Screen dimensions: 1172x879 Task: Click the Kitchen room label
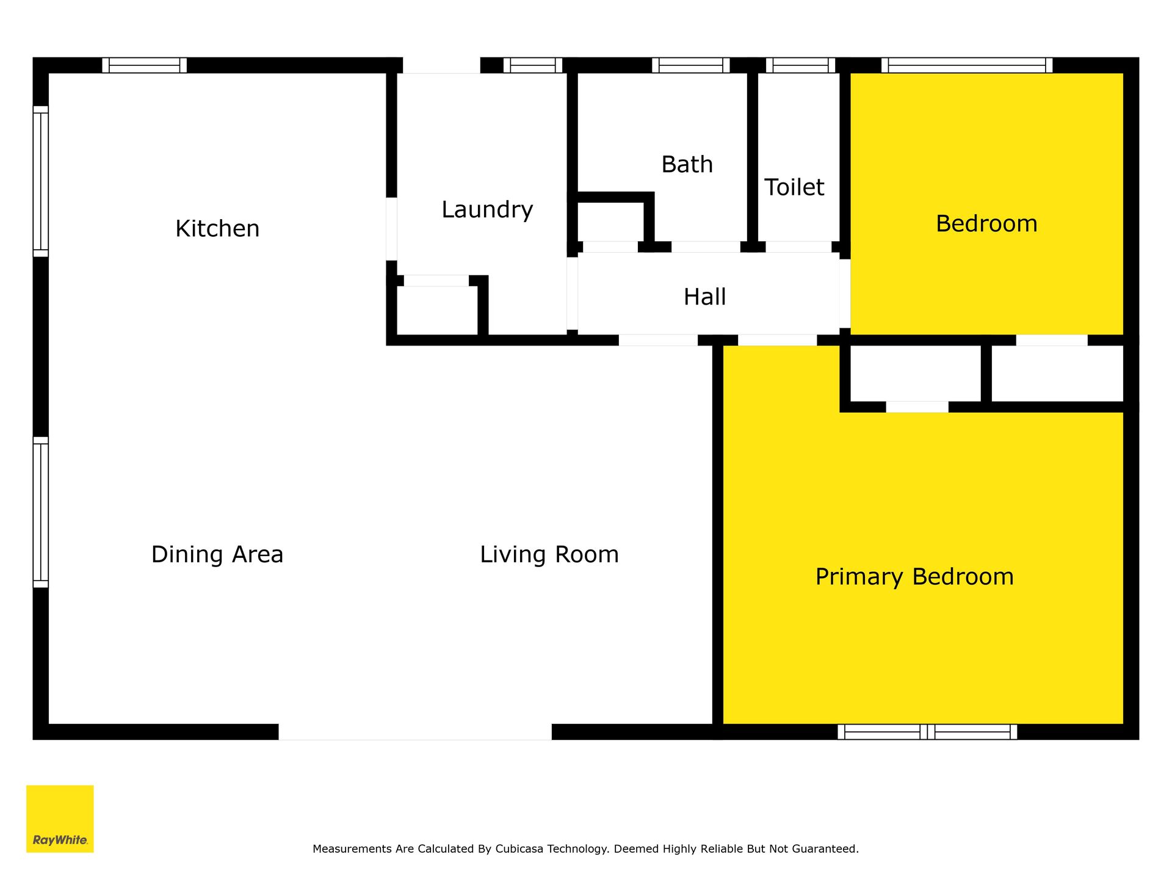point(217,229)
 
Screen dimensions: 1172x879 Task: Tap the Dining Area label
point(217,555)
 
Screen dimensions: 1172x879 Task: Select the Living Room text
point(549,555)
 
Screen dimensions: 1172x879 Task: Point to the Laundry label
point(487,210)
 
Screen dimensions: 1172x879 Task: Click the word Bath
point(687,165)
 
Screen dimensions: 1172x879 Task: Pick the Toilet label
point(794,187)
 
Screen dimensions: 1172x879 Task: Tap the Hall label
point(704,297)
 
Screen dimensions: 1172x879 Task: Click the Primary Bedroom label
point(914,577)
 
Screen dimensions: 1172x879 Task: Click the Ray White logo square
point(60,819)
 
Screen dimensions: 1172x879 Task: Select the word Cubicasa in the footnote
point(519,848)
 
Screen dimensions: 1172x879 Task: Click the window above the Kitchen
point(145,65)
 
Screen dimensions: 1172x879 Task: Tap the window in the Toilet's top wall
point(800,65)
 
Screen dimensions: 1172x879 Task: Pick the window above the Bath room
point(691,65)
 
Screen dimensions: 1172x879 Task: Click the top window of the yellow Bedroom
point(967,65)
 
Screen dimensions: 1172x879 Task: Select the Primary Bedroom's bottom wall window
point(927,732)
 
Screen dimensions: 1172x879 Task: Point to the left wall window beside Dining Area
point(40,512)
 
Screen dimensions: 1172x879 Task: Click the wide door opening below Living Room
point(415,732)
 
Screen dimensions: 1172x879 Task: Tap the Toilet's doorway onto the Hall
point(798,247)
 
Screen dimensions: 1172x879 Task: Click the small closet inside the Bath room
point(610,222)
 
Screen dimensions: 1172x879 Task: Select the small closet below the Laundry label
point(437,310)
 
